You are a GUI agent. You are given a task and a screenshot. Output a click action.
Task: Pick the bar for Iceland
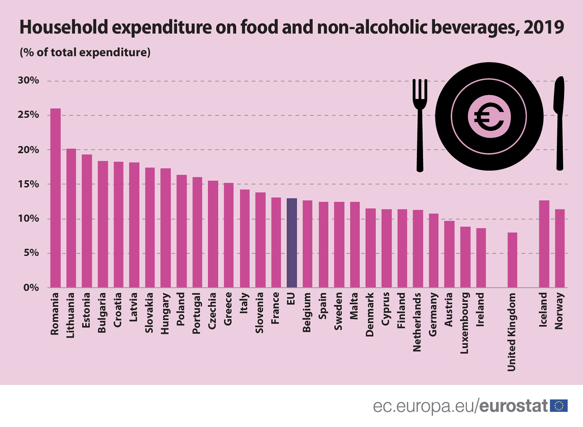pyautogui.click(x=544, y=244)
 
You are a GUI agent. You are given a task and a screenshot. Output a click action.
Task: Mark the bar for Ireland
pyautogui.click(x=481, y=258)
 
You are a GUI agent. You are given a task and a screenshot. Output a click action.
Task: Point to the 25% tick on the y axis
pyautogui.click(x=28, y=115)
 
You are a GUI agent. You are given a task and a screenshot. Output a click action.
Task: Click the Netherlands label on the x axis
pyautogui.click(x=417, y=322)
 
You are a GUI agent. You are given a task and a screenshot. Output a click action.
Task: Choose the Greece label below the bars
pyautogui.click(x=228, y=309)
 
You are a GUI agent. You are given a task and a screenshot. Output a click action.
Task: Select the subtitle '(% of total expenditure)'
pyautogui.click(x=85, y=52)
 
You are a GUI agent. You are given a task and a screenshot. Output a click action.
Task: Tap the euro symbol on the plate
pyautogui.click(x=489, y=117)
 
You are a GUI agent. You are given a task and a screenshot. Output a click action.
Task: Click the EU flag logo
pyautogui.click(x=559, y=406)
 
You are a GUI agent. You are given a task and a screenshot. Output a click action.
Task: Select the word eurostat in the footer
pyautogui.click(x=513, y=406)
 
